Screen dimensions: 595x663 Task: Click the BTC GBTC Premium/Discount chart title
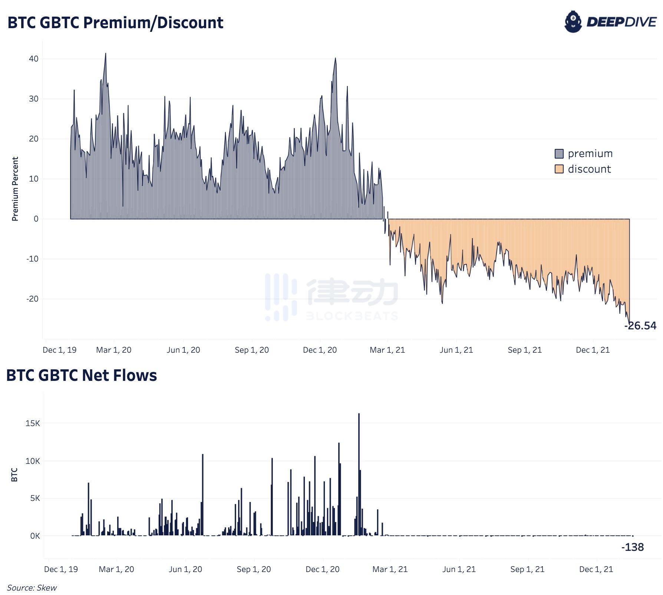[115, 23]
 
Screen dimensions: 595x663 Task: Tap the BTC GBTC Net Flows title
[82, 375]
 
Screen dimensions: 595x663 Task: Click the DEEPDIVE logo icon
[573, 22]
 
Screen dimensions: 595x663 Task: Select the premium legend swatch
[559, 154]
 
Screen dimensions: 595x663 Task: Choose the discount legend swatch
[559, 169]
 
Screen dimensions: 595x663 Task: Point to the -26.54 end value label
[640, 326]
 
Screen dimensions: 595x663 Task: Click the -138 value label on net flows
[633, 547]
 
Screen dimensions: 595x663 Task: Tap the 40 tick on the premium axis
[34, 59]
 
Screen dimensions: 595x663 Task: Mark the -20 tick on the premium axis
[32, 299]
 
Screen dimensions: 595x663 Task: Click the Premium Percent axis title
[15, 189]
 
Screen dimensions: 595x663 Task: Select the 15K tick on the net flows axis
[33, 423]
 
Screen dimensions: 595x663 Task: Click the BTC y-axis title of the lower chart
[14, 475]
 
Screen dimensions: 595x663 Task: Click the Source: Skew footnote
[32, 588]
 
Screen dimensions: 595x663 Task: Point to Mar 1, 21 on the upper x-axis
[387, 350]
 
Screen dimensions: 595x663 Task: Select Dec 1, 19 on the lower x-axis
[61, 569]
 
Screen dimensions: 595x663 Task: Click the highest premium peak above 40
[106, 54]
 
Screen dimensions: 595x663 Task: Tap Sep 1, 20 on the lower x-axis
[254, 569]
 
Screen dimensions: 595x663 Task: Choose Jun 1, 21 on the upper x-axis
[456, 350]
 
